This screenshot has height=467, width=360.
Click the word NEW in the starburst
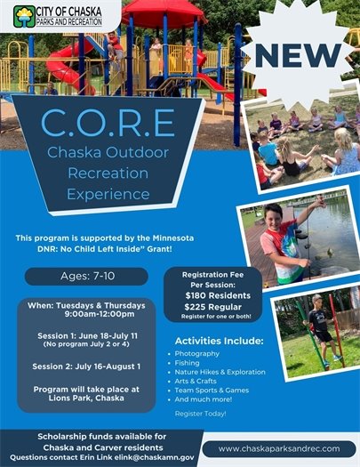coord(303,55)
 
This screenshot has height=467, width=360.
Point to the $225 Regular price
coord(214,303)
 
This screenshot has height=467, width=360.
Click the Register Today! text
coord(200,414)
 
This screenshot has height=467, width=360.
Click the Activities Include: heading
coord(219,340)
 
